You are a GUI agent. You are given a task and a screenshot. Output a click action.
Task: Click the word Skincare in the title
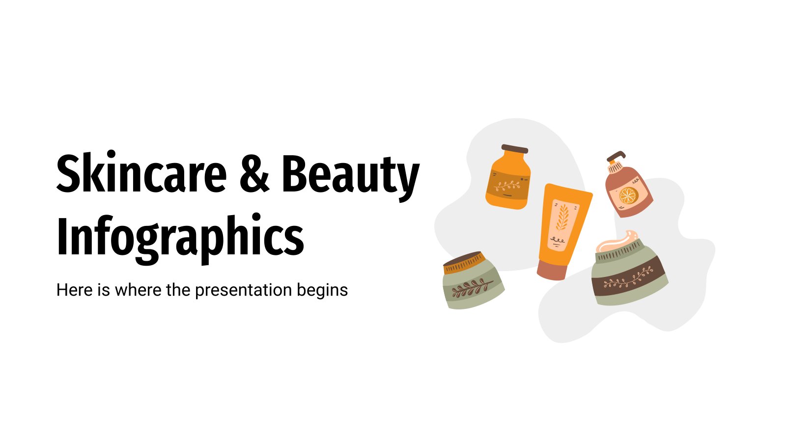tap(141, 172)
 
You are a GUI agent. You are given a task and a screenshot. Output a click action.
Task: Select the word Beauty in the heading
tap(351, 178)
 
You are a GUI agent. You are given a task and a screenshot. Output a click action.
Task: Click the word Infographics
tap(180, 239)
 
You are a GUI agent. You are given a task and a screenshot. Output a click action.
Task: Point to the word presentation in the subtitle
tap(244, 290)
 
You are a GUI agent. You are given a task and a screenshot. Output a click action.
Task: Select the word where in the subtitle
tap(138, 290)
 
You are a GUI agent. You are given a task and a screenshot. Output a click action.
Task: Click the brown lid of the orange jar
tap(515, 149)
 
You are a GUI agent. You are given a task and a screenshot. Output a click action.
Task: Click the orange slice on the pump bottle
tap(628, 196)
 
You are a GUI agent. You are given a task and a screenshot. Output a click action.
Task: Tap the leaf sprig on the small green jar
tap(472, 287)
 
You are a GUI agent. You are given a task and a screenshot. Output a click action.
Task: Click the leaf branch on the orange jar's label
tap(507, 185)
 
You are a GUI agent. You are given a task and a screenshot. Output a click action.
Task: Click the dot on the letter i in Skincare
tap(111, 155)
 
